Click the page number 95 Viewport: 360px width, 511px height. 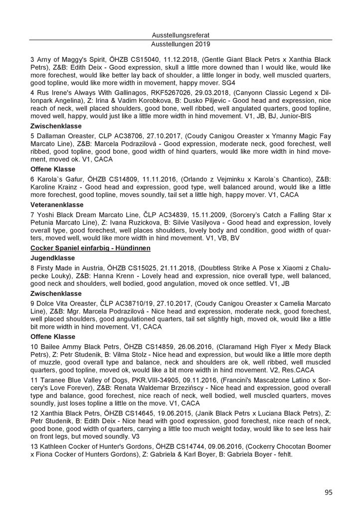328,492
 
